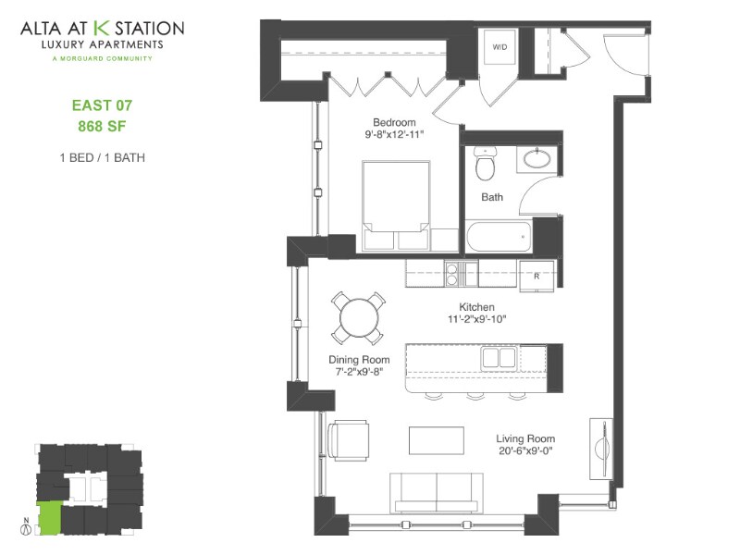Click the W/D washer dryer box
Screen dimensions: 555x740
(x=500, y=48)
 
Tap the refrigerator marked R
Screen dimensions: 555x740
(x=536, y=275)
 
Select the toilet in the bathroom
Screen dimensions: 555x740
(x=484, y=164)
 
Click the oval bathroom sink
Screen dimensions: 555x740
(x=536, y=158)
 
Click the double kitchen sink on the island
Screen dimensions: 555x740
(x=499, y=358)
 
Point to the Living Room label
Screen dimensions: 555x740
(x=524, y=439)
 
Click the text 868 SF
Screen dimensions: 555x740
(x=101, y=125)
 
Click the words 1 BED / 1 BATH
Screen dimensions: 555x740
(x=101, y=157)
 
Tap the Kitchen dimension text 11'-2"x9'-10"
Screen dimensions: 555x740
(x=476, y=319)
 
